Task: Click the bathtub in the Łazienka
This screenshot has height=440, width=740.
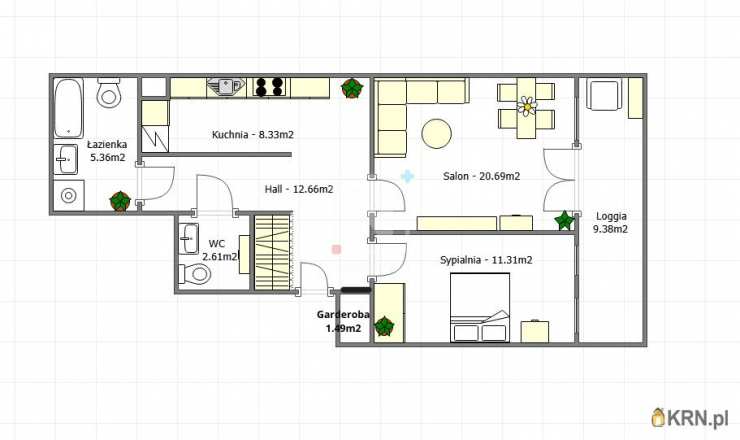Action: (69, 108)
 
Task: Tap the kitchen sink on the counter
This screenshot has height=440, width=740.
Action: (226, 87)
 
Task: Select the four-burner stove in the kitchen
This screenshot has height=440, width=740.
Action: (269, 87)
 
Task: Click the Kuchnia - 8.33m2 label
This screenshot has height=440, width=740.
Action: (252, 135)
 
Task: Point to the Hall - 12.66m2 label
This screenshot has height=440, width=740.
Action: (299, 189)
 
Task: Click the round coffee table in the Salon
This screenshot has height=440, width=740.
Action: (437, 134)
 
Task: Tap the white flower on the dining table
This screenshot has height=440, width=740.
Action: (527, 106)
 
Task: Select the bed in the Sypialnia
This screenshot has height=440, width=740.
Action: (480, 307)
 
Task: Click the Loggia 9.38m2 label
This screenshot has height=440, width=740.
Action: (612, 223)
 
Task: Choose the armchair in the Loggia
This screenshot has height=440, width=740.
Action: (603, 95)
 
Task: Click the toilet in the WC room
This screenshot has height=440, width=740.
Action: (194, 273)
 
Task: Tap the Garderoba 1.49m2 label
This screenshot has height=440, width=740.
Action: (343, 321)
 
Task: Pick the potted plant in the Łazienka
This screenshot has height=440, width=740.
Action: (120, 202)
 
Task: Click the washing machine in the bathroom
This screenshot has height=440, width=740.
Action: (69, 195)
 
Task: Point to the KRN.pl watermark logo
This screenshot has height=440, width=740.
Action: (690, 417)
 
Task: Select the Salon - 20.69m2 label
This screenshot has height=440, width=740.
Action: (481, 176)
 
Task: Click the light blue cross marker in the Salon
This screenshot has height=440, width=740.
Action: (407, 177)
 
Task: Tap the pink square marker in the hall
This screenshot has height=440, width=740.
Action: (336, 249)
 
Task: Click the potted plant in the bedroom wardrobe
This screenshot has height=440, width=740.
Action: (384, 326)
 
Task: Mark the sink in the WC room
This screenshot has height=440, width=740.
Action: (189, 238)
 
